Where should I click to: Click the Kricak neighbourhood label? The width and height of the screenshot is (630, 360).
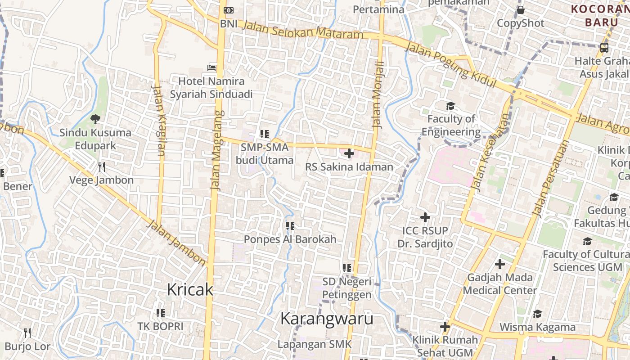189,289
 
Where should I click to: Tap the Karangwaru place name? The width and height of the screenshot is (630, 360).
327,319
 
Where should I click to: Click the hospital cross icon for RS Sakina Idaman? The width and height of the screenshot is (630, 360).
349,153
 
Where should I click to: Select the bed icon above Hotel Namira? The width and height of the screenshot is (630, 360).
211,68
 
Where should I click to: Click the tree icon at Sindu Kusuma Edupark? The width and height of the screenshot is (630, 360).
95,119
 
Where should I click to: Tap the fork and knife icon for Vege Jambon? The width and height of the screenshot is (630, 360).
102,167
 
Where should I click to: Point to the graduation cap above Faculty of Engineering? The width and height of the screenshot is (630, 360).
450,106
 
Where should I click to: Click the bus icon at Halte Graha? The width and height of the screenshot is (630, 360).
604,47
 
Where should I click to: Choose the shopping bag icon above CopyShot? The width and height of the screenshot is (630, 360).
521,10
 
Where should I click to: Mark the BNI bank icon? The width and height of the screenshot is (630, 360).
229,10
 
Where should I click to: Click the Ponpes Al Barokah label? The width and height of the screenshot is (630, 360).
290,239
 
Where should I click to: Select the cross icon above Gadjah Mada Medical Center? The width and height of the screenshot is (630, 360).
499,264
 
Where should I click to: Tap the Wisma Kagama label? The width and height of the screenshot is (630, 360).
537,327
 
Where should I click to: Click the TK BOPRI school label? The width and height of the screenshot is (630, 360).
160,326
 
